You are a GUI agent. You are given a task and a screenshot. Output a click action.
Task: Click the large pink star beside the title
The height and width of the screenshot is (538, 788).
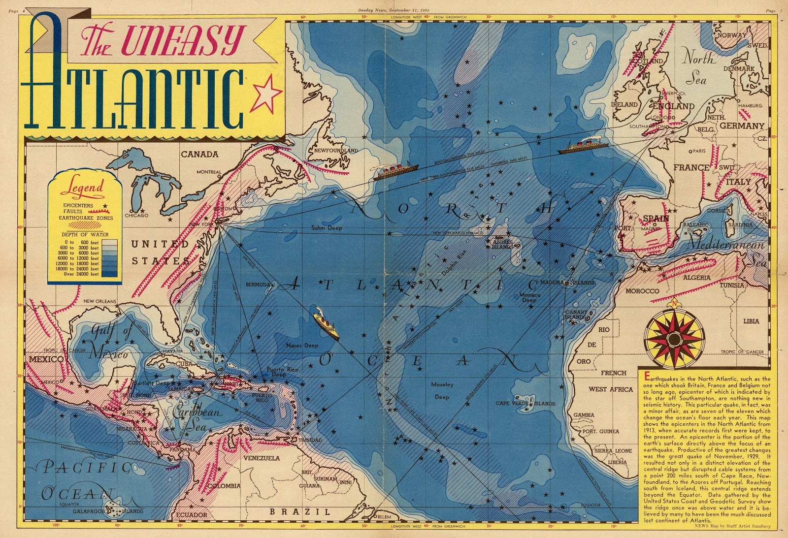[266, 92]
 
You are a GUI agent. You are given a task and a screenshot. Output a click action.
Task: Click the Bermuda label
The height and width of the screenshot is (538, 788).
[258, 285]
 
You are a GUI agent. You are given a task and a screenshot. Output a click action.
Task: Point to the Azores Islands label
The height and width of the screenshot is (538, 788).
[502, 244]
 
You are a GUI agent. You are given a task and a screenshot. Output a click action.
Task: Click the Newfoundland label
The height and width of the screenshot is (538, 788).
[336, 150]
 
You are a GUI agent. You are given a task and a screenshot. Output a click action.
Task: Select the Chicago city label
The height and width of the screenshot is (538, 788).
[136, 215]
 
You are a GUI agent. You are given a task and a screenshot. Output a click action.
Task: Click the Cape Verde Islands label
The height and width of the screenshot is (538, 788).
[525, 403]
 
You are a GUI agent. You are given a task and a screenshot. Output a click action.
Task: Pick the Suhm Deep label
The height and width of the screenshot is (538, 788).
[326, 228]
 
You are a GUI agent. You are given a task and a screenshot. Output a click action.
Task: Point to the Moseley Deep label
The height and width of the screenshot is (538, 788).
[441, 390]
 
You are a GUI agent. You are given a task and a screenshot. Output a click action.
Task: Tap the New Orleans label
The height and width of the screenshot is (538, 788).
[99, 301]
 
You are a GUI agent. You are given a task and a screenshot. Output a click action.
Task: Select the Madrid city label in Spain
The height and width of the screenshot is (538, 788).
[650, 228]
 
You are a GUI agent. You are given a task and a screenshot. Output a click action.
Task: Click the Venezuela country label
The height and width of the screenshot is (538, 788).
[262, 458]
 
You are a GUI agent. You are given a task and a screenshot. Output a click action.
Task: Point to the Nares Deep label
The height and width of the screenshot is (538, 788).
[302, 346]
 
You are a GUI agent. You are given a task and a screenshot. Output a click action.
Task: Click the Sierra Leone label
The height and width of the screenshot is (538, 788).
[613, 450]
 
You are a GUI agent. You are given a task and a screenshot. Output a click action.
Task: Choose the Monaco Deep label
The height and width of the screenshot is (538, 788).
[529, 297]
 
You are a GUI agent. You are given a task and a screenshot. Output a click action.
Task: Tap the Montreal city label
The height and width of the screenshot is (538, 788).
[209, 172]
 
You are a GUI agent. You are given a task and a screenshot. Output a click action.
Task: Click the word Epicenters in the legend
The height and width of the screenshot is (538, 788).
[77, 205]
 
